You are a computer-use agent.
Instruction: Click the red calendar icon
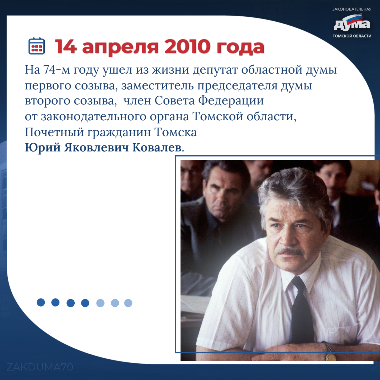pyautogui.click(x=37, y=46)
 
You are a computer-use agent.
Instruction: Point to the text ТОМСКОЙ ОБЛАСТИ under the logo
pyautogui.click(x=352, y=36)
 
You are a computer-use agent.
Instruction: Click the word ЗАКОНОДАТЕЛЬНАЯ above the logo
pyautogui.click(x=352, y=9)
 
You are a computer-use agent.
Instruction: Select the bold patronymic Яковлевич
pyautogui.click(x=96, y=148)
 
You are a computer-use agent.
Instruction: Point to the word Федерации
pyautogui.click(x=231, y=101)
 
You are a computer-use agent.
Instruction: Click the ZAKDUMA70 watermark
pyautogui.click(x=40, y=367)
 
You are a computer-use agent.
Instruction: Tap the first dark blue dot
pyautogui.click(x=41, y=302)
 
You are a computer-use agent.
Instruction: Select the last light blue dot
pyautogui.click(x=128, y=303)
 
